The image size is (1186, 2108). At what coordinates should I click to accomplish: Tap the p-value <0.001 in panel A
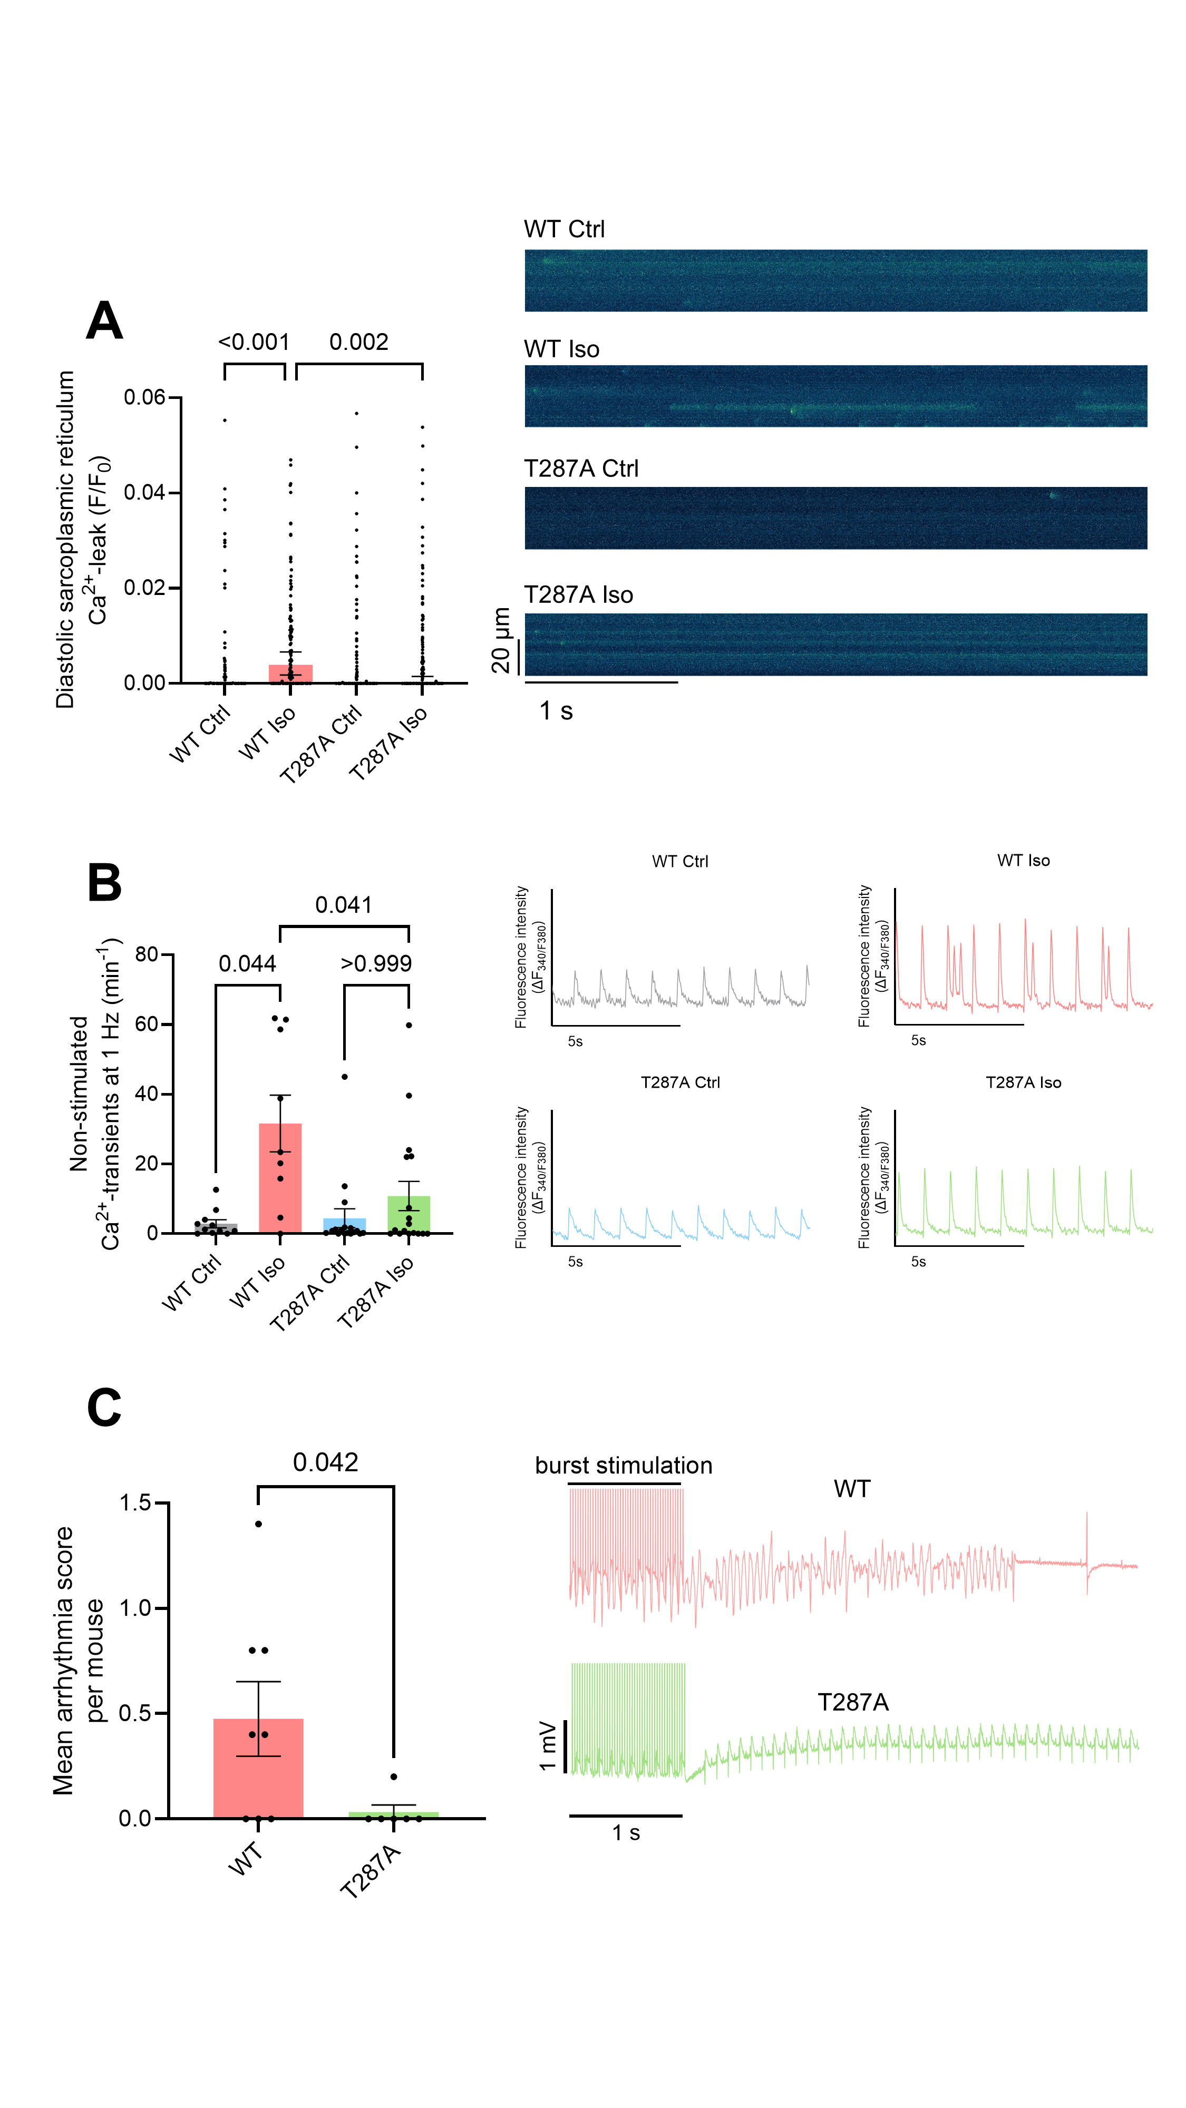coord(254,342)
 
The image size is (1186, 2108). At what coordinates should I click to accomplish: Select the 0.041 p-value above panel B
coord(344,905)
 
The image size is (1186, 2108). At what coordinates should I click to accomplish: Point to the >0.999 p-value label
coord(376,963)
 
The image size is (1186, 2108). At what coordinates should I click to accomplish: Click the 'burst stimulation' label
coord(624,1466)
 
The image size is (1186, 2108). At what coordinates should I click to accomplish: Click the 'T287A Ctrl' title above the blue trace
coord(680,1082)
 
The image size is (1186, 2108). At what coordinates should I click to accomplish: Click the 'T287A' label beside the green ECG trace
coord(853,1702)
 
